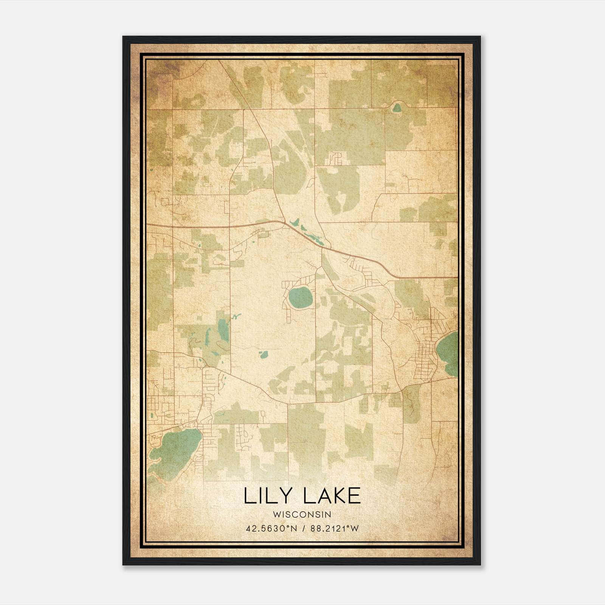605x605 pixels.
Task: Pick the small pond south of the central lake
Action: click(x=263, y=355)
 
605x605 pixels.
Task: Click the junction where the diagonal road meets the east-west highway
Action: click(x=284, y=222)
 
